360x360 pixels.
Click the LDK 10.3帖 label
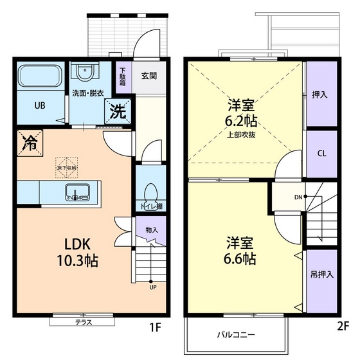pyautogui.click(x=80, y=252)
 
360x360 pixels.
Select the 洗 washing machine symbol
pyautogui.click(x=118, y=111)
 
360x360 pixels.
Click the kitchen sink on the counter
pyautogui.click(x=76, y=192)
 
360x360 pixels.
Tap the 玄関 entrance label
pyautogui.click(x=150, y=75)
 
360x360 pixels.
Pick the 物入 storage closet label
pyautogui.click(x=152, y=230)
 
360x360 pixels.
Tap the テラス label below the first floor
pyautogui.click(x=83, y=322)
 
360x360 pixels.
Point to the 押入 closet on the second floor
pyautogui.click(x=320, y=94)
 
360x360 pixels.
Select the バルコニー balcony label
pyautogui.click(x=235, y=335)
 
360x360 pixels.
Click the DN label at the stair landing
pyautogui.click(x=298, y=197)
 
